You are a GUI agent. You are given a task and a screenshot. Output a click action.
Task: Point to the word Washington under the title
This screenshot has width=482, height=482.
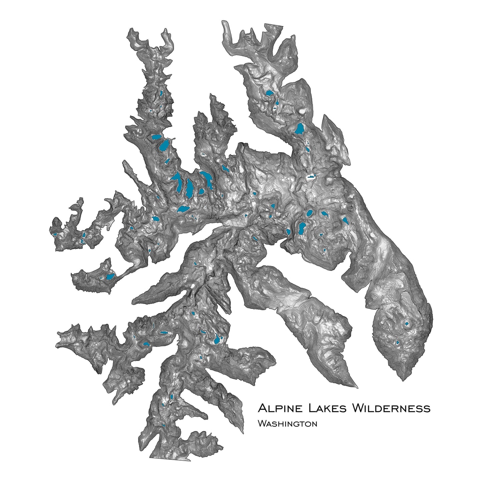pos(287,424)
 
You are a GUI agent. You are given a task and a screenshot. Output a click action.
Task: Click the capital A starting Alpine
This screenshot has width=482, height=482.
pos(262,408)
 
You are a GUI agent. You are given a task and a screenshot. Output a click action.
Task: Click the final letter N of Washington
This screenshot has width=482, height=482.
pos(314,424)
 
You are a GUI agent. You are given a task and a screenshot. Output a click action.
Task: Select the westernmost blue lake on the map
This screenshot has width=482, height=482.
pos(54,234)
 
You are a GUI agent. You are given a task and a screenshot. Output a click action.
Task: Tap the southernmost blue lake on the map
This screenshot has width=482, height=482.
pos(163,425)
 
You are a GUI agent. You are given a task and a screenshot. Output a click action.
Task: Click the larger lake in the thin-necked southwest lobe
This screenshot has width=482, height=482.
pos(110,276)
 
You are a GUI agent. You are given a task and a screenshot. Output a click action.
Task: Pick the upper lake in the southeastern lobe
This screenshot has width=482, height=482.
pos(407,324)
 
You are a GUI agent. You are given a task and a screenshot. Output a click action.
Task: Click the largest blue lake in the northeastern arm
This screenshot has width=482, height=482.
pos(300,129)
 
